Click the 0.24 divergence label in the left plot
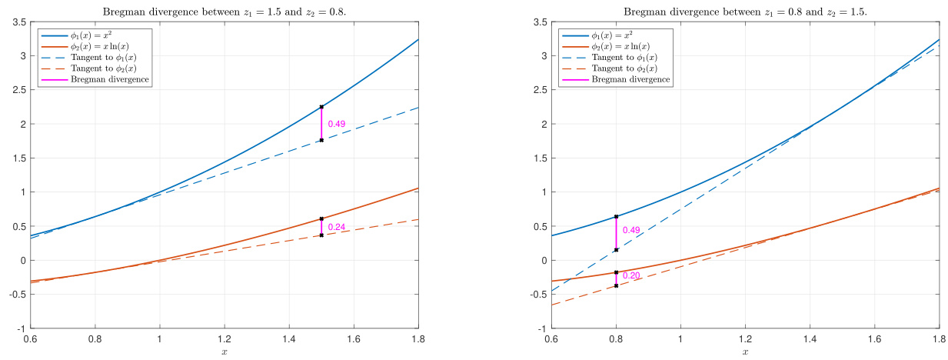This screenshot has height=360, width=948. click(x=336, y=228)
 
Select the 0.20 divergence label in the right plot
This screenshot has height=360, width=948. click(x=630, y=275)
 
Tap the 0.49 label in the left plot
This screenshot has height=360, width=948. click(x=336, y=124)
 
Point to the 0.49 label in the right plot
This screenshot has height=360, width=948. click(x=630, y=230)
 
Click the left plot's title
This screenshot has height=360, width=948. click(x=224, y=8)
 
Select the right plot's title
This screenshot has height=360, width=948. click(x=745, y=8)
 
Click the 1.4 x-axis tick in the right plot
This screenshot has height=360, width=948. click(x=810, y=338)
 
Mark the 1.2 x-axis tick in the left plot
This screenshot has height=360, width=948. click(x=224, y=338)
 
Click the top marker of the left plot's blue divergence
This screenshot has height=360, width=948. click(x=321, y=107)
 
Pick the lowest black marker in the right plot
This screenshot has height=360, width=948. click(x=616, y=285)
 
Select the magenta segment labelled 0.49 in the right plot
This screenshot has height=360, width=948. click(x=616, y=233)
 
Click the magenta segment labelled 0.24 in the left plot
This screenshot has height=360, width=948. click(x=321, y=227)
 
